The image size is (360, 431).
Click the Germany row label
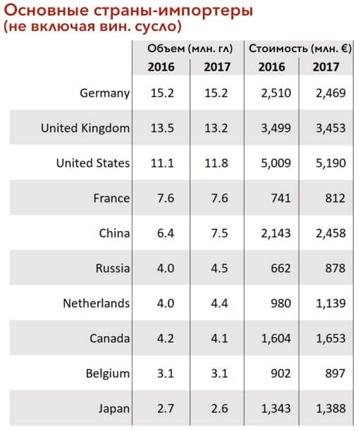104,94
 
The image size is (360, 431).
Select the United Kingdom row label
85,128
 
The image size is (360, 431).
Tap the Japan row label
114,408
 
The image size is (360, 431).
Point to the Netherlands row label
97,304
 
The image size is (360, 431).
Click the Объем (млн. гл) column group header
190,49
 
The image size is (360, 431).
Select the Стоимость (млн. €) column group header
300,49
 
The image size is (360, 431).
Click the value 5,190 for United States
330,163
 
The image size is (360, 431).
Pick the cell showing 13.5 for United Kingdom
162,128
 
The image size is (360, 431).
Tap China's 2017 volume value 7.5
219,233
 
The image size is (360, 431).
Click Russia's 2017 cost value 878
335,268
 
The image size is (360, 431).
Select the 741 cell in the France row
280,198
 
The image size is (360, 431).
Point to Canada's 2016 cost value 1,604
276,339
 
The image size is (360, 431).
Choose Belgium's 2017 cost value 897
335,373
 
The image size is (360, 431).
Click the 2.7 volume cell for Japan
166,408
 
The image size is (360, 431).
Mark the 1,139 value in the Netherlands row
330,304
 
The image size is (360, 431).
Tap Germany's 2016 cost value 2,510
276,94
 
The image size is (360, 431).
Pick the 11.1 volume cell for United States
162,163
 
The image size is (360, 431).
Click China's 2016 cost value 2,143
276,234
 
